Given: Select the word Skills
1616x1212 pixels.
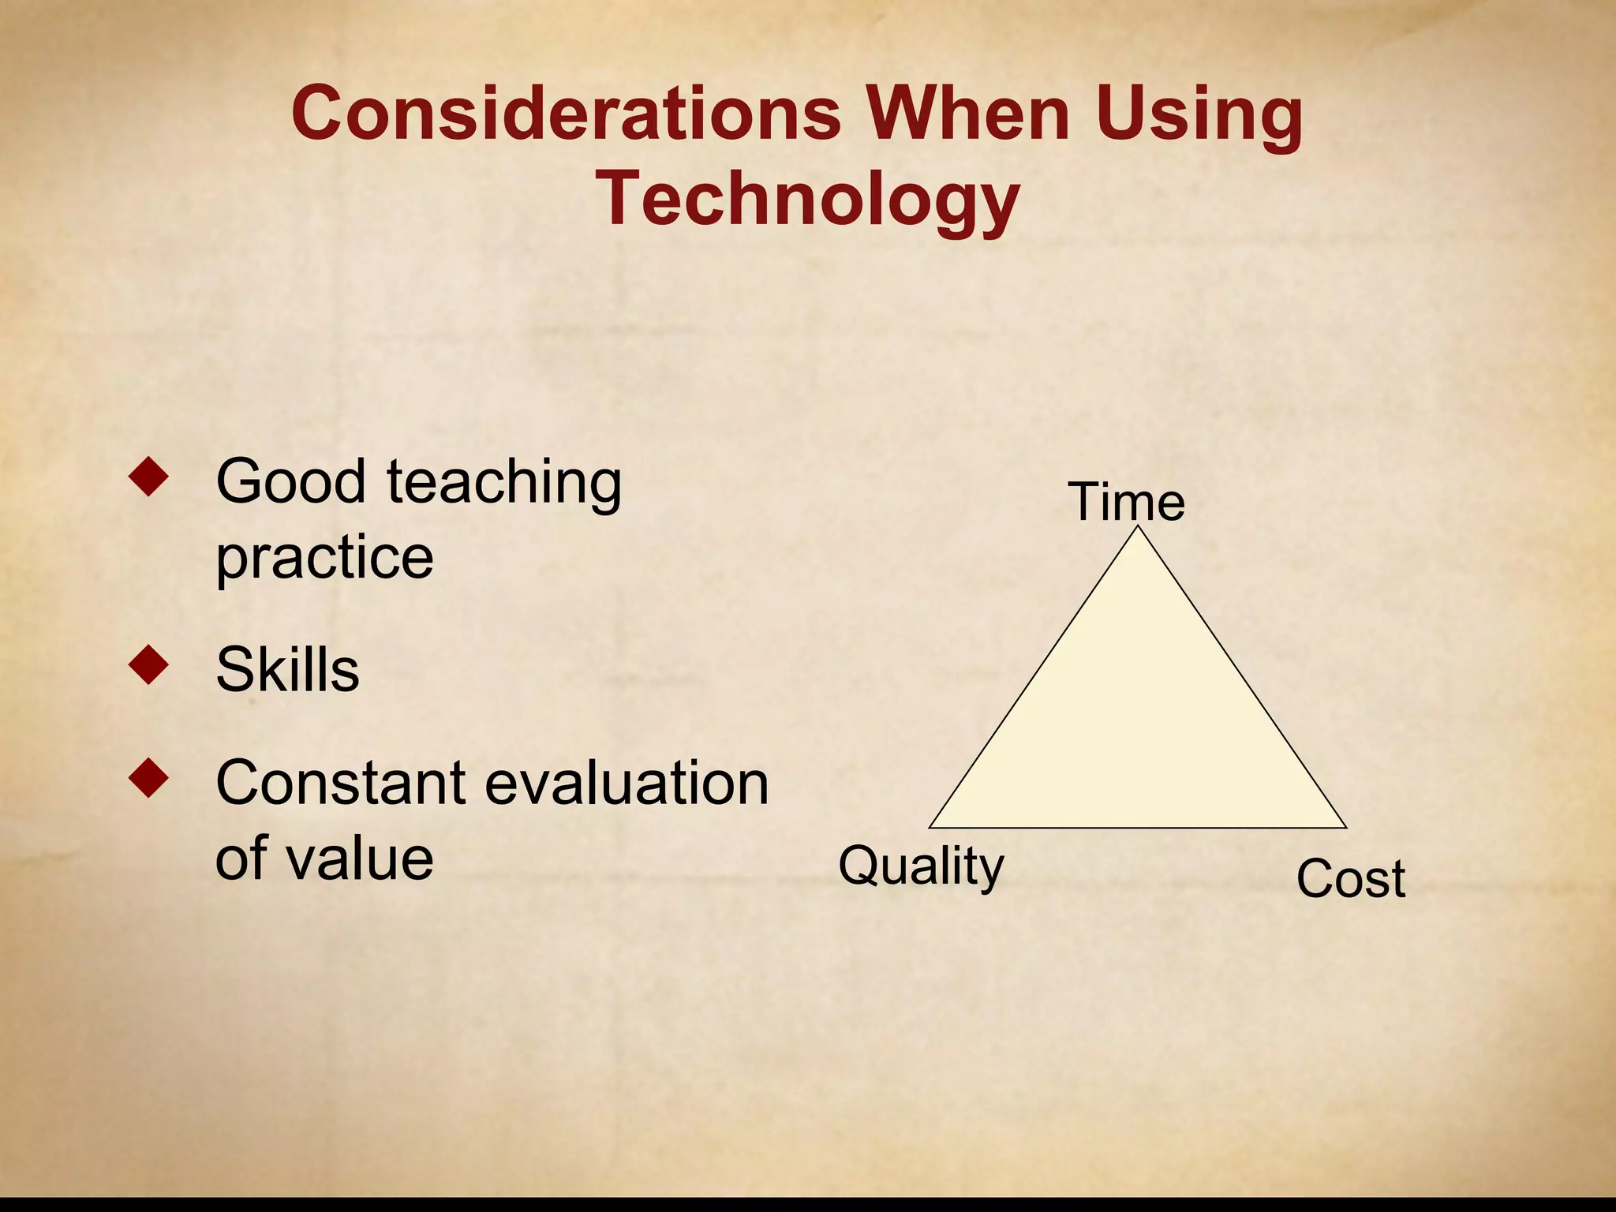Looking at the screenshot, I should pos(287,670).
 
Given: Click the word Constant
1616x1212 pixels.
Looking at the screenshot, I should pos(341,784).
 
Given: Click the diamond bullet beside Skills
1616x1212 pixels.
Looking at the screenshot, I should pos(148,664).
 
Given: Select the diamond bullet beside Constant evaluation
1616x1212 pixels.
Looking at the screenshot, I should pos(148,778).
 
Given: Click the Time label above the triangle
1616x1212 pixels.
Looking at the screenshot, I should pos(1126,502).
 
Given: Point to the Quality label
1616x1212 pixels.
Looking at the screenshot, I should pos(921,866).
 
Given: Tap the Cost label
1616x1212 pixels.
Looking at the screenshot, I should pos(1350,879).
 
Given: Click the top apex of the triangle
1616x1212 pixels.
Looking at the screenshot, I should pos(1138,528).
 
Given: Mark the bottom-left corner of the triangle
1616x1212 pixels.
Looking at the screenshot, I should pos(930,827).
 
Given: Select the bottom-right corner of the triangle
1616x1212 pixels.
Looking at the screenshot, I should pos(1345,827).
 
